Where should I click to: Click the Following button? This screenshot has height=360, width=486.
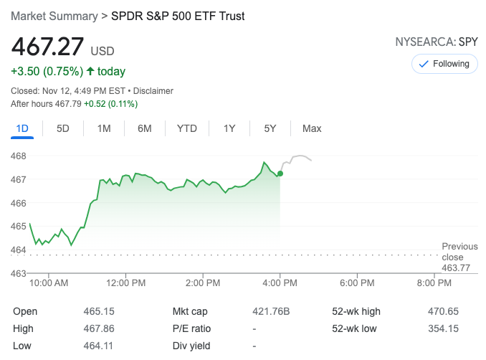[x=444, y=64]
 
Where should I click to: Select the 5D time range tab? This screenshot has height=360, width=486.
[x=63, y=128]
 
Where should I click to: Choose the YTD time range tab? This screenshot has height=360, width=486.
[x=186, y=128]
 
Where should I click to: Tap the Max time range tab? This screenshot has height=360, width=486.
[x=312, y=128]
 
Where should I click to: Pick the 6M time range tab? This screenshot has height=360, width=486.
[x=145, y=128]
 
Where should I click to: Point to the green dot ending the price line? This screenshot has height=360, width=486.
[x=280, y=174]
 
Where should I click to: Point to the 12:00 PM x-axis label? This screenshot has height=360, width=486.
[x=125, y=283]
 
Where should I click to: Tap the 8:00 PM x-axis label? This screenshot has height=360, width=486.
[x=434, y=283]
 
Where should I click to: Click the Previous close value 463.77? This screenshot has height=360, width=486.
[x=457, y=268]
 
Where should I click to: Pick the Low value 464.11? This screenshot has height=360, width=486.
[x=99, y=346]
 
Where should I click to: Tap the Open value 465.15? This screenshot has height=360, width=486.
[x=99, y=311]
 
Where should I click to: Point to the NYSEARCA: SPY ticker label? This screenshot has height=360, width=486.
[x=437, y=42]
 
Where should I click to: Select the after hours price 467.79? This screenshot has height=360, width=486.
[x=65, y=104]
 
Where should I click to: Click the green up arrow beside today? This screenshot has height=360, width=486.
[x=90, y=71]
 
